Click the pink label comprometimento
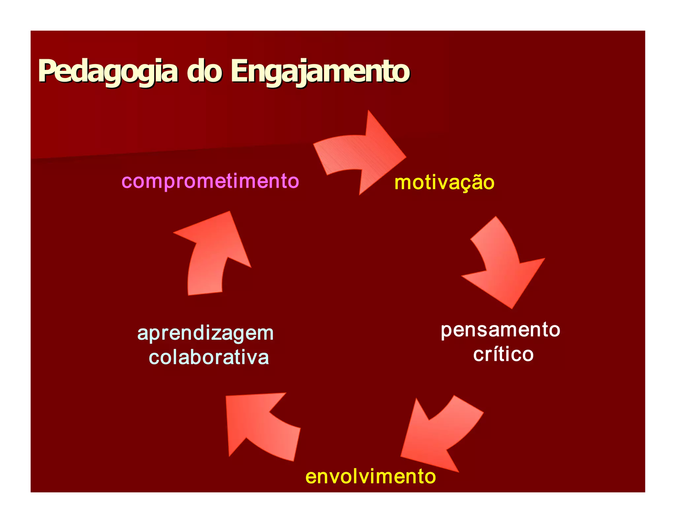(210, 181)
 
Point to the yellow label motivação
(444, 182)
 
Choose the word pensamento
(500, 330)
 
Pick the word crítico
(503, 354)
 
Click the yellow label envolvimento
(370, 476)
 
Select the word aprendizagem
(205, 333)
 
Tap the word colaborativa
(209, 357)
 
